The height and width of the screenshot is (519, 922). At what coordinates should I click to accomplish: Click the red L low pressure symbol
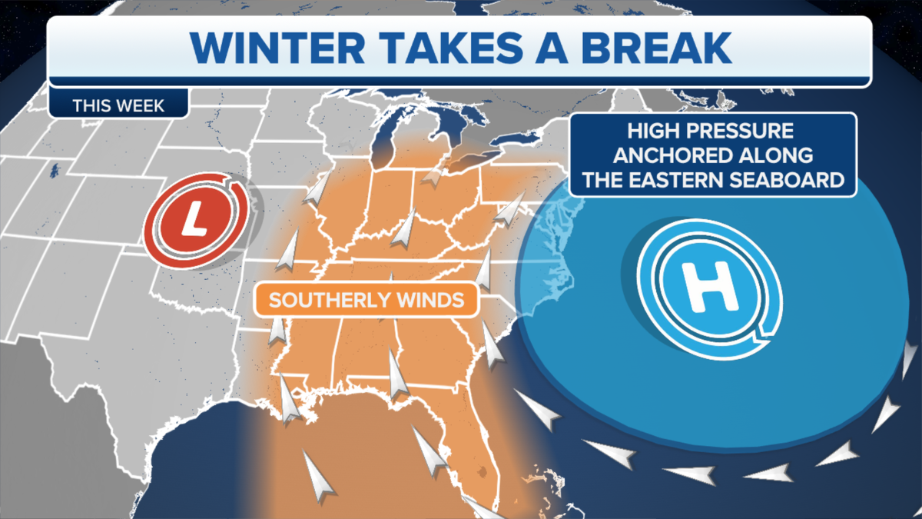(197, 221)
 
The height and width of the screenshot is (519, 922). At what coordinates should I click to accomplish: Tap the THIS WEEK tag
(118, 105)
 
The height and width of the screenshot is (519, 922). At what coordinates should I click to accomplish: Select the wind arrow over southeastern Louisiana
(289, 400)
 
